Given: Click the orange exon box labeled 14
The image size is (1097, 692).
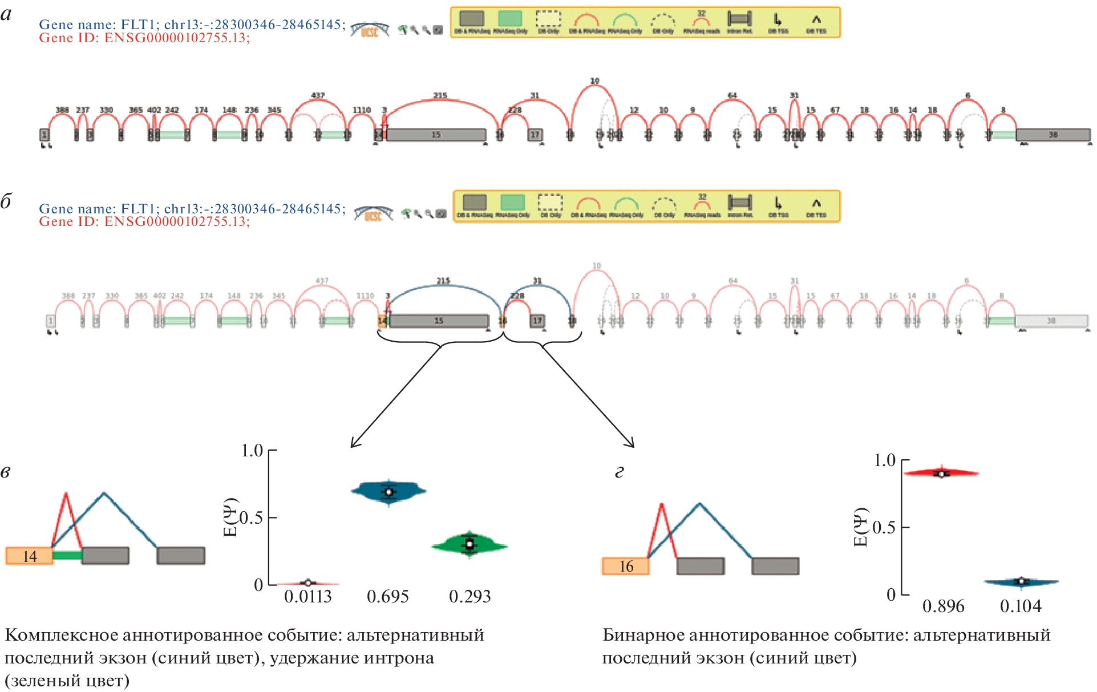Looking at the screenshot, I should coord(29,556).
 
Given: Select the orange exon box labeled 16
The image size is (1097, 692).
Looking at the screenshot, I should coord(625,566).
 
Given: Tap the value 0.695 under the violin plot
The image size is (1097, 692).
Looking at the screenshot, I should coord(388,597).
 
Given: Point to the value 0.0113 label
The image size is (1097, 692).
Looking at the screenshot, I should coord(308,597).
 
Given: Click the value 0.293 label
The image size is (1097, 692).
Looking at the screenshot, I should coord(469,597).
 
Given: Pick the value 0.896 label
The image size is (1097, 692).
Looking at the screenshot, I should coord(943,606).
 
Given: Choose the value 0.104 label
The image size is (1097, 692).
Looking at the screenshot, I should coord(1021,606).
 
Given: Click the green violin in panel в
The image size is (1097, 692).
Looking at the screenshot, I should coord(469,545).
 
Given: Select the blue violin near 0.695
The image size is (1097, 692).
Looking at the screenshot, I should coord(388,491).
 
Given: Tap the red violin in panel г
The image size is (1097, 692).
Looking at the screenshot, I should coord(942,473).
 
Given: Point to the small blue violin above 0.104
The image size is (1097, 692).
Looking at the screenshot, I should coord(1021,582).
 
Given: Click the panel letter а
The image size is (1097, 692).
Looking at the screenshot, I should coord(6,14).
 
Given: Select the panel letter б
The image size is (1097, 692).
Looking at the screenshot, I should coord(6,201).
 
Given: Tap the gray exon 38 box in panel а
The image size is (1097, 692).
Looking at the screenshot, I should coord(1053,135).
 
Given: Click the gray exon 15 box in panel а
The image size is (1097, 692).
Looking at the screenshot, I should coord(436,135).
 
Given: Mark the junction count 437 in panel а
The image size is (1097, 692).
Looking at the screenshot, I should coord(318,96).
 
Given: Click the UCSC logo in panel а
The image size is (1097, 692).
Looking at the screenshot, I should coord(370,30).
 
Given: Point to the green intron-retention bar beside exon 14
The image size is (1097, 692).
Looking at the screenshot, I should coord(67,555).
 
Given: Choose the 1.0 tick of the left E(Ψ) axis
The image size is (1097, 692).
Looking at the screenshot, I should coord(252,451).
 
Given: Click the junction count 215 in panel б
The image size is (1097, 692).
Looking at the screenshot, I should coord(443,281).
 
